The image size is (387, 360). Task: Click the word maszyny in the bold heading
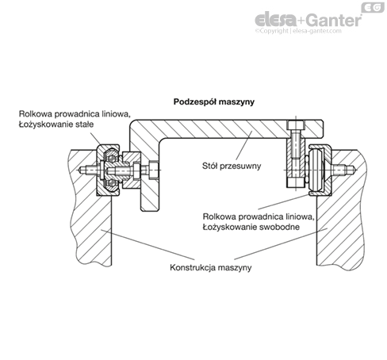pyautogui.click(x=237, y=102)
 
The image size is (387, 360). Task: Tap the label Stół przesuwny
pyautogui.click(x=232, y=167)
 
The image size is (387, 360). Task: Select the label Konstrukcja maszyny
pyautogui.click(x=210, y=267)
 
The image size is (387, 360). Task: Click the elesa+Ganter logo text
pyautogui.click(x=308, y=20)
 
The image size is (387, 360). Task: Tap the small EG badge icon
pyautogui.click(x=373, y=8)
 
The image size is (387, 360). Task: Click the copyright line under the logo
pyautogui.click(x=298, y=31)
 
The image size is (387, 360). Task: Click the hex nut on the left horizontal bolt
pyautogui.click(x=153, y=169)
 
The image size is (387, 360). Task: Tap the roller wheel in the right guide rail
pyautogui.click(x=316, y=170)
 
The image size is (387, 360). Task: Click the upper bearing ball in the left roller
pyautogui.click(x=112, y=159)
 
